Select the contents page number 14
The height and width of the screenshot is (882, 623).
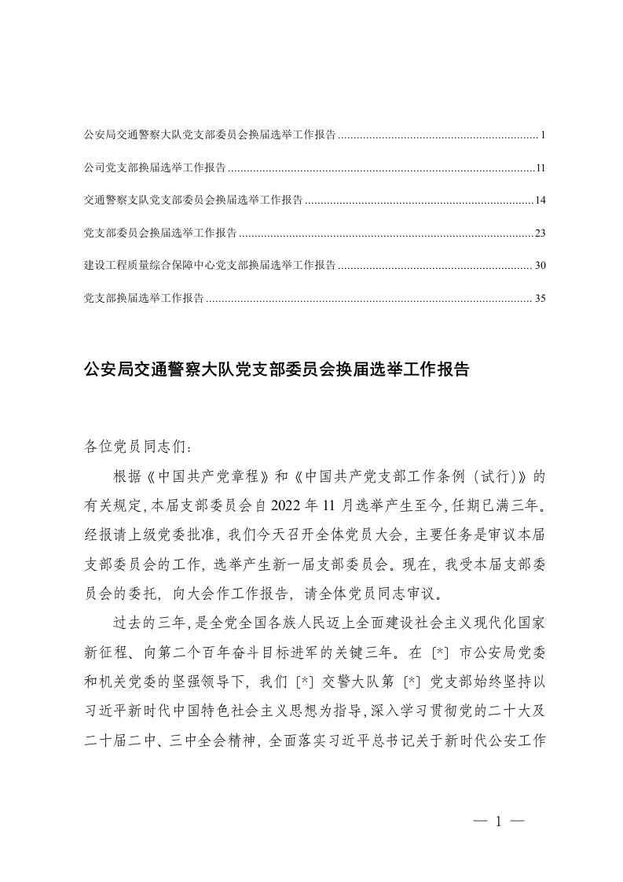coord(540,200)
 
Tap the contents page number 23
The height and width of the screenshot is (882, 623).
coord(540,233)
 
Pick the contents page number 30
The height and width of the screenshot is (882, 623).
coord(540,266)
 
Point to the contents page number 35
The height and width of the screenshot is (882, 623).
coord(540,299)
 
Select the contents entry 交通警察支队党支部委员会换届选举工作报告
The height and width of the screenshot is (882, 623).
coord(193,200)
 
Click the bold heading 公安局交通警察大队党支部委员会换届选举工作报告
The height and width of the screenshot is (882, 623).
coord(276,369)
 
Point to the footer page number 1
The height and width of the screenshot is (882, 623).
coord(498,822)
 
